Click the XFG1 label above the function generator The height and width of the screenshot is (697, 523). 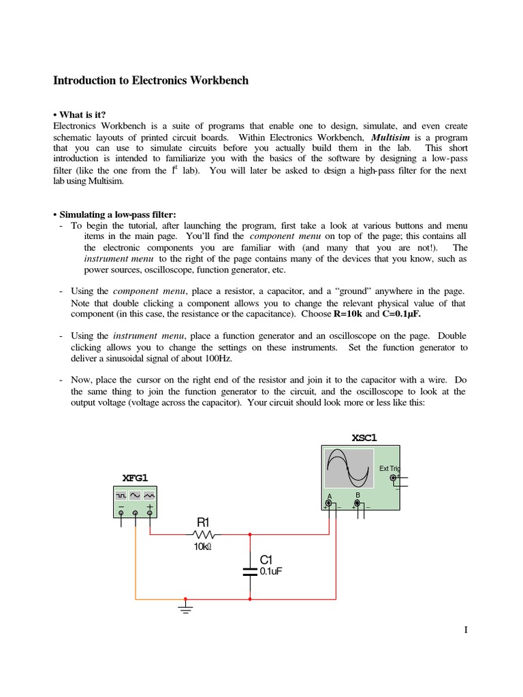pyautogui.click(x=135, y=478)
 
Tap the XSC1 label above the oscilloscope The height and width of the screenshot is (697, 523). pyautogui.click(x=364, y=437)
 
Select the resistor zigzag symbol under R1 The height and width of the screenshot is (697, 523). pyautogui.click(x=204, y=534)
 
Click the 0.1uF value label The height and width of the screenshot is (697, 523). pyautogui.click(x=270, y=572)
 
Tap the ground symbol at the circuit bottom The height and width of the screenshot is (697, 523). pyautogui.click(x=184, y=606)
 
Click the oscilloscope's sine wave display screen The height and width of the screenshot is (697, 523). pyautogui.click(x=349, y=468)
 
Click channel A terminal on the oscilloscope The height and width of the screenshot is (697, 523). pyautogui.click(x=329, y=504)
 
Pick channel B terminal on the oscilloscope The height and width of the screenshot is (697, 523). pyautogui.click(x=357, y=503)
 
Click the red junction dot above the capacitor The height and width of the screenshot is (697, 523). pyautogui.click(x=250, y=534)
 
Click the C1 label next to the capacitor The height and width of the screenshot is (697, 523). pyautogui.click(x=266, y=560)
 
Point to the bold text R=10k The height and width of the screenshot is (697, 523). pyautogui.click(x=347, y=314)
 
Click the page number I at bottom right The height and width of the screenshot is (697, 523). pyautogui.click(x=466, y=630)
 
